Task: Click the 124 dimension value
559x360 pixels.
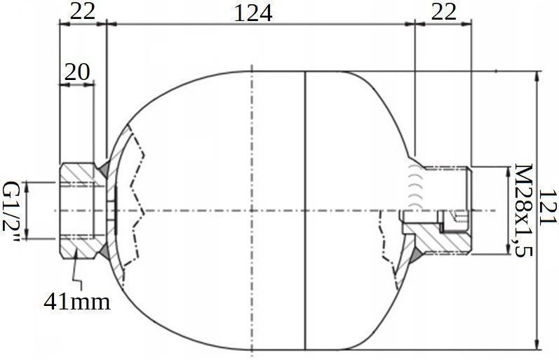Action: tap(253, 13)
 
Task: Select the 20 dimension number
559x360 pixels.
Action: tap(78, 71)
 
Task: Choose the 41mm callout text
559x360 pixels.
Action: tap(77, 302)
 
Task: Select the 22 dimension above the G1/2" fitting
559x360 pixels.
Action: tap(83, 12)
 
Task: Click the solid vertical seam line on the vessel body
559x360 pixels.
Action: tap(307, 211)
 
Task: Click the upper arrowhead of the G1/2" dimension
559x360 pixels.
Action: tap(26, 184)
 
